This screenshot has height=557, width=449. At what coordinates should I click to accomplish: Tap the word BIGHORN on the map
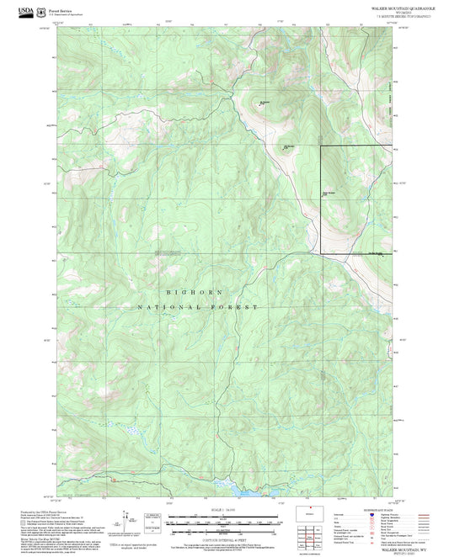coord(198,292)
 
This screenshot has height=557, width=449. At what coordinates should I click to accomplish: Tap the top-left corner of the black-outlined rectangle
coord(319,147)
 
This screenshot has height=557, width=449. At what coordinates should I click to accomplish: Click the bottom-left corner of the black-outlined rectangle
coord(319,252)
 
